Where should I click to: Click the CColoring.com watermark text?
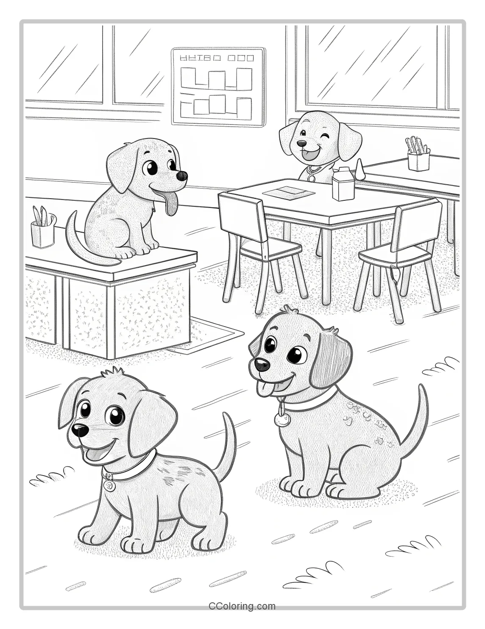242,607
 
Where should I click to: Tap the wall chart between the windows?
218,87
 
